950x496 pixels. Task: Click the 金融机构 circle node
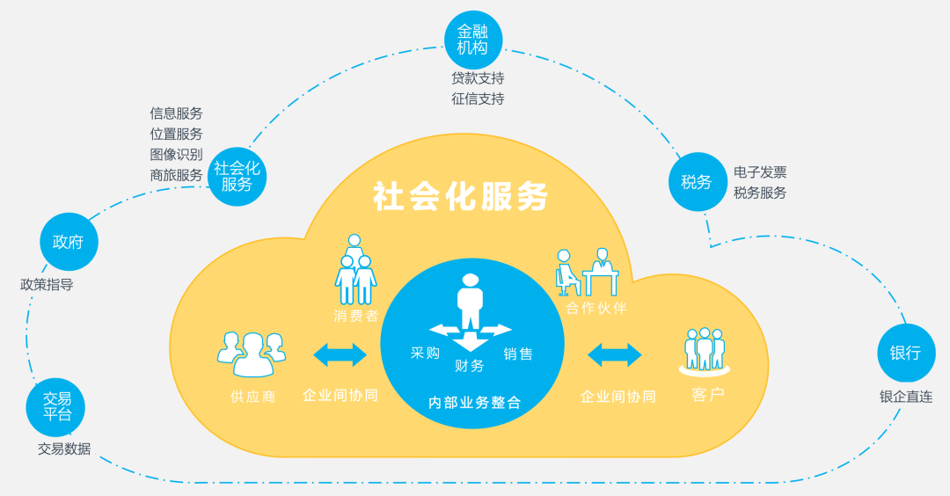[x=473, y=40]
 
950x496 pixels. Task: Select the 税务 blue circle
[x=697, y=182]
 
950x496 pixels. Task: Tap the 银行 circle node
[x=905, y=353]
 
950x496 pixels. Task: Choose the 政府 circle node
[x=69, y=241]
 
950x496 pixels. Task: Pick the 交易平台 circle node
[x=56, y=407]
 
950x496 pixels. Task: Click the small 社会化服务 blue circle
[x=237, y=176]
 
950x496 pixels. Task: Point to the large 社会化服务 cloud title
[x=460, y=196]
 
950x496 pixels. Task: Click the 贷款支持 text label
[x=478, y=78]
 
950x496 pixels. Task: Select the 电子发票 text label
[x=760, y=172]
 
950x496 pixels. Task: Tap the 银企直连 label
[x=905, y=397]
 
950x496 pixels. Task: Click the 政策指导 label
[x=47, y=285]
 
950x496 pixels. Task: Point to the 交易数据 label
[x=63, y=449]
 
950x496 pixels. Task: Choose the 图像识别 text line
[x=176, y=154]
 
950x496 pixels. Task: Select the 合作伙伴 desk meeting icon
[x=587, y=272]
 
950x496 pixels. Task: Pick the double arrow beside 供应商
[x=340, y=354]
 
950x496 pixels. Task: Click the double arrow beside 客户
[x=614, y=354]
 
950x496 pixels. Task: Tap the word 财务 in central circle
[x=470, y=366]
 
